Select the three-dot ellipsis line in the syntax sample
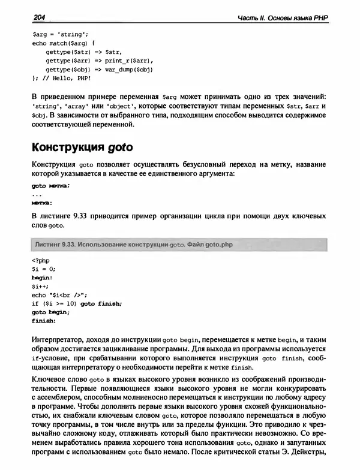pos(37,194)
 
